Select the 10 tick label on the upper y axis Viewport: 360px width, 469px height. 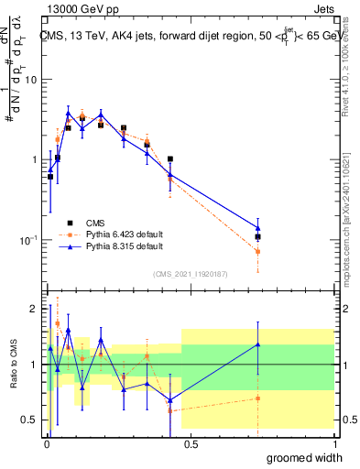(x=30, y=79)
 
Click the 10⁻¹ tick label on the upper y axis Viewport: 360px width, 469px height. (x=27, y=240)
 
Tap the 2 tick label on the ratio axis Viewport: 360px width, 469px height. (x=33, y=309)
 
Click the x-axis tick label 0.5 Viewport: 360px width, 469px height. (x=189, y=442)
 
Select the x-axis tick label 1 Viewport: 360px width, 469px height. (x=333, y=442)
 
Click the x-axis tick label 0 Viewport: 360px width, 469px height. (x=45, y=442)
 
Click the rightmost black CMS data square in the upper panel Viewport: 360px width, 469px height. (x=258, y=236)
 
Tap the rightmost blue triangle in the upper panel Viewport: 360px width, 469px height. (x=258, y=228)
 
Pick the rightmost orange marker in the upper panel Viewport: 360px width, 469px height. (x=258, y=251)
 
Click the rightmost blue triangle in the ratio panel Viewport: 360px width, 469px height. (x=258, y=344)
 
